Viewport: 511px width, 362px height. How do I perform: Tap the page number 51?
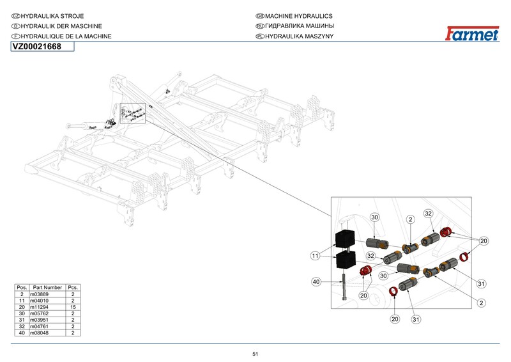click(x=256, y=354)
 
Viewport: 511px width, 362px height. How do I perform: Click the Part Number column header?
click(x=48, y=287)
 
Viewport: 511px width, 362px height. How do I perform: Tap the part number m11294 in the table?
click(x=39, y=307)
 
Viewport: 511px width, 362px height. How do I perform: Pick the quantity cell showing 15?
click(x=73, y=307)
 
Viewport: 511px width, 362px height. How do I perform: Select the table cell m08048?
click(x=39, y=333)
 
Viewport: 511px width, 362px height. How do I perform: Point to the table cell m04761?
click(x=39, y=327)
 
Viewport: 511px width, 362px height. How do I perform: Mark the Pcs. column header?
click(x=73, y=287)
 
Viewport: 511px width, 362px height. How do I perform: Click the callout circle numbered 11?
click(x=315, y=256)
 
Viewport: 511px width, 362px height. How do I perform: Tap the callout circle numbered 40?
click(x=315, y=282)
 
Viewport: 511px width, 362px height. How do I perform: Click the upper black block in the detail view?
click(x=345, y=238)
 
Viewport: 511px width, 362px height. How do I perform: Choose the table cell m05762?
click(x=39, y=313)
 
